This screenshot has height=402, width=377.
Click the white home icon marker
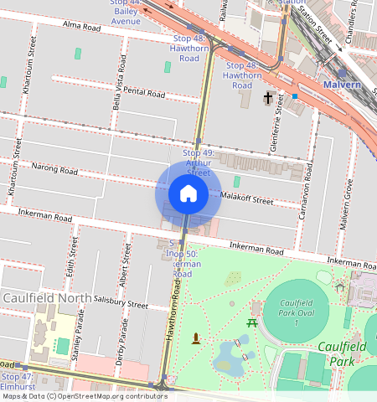click(x=188, y=193)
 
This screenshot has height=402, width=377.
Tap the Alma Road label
click(x=81, y=27)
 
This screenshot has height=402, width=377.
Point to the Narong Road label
click(x=55, y=170)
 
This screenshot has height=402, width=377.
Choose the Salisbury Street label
click(x=121, y=306)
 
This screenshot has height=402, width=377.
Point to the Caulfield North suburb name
click(x=41, y=297)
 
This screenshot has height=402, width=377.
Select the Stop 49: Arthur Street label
click(x=199, y=162)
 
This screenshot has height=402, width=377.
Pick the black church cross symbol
click(x=268, y=99)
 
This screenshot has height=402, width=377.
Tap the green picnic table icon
click(x=251, y=322)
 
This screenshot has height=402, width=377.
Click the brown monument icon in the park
click(x=196, y=338)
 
